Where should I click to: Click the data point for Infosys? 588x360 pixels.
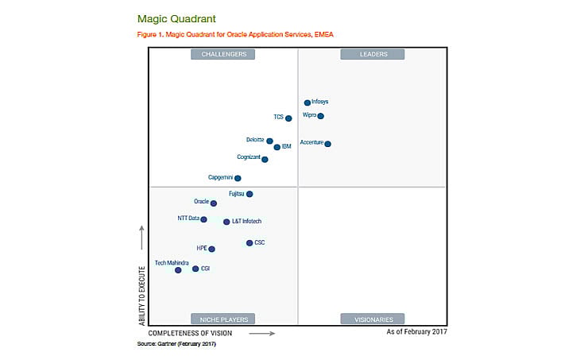[308, 103]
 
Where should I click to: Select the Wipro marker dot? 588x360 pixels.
[320, 116]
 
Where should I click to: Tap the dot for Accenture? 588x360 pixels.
[327, 144]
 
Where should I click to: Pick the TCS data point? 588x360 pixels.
[288, 118]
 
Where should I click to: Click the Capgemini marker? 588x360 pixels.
[238, 178]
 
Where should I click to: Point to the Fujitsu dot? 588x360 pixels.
[250, 194]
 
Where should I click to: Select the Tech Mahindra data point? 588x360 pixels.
[178, 270]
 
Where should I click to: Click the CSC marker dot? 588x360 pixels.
[250, 243]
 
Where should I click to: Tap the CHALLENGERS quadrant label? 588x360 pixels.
[223, 54]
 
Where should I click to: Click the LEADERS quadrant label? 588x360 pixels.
[373, 54]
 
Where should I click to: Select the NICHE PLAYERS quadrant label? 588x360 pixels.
[223, 319]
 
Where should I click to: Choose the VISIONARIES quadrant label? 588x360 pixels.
[373, 319]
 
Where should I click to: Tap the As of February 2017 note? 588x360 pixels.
[416, 332]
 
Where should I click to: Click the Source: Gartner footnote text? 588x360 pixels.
[176, 344]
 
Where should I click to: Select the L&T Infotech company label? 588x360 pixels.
[246, 222]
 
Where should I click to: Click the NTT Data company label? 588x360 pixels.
[188, 218]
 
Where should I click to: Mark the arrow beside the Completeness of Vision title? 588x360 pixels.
[261, 333]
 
